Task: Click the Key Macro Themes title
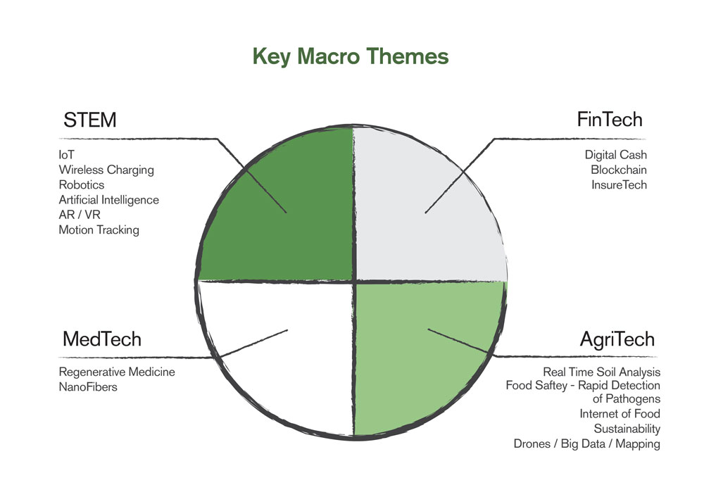pos(351,57)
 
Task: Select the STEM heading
pos(90,120)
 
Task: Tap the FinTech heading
pos(609,120)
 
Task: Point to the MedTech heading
pos(102,339)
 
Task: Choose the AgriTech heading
pos(617,340)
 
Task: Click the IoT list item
pos(66,155)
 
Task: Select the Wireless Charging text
pos(106,170)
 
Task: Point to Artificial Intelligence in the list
pos(108,200)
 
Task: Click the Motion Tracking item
pos(99,230)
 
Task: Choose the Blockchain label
pos(619,170)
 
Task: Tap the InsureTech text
pos(619,185)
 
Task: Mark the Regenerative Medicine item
pos(117,372)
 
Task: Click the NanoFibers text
pos(88,387)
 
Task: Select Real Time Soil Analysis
pos(602,372)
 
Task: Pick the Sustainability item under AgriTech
pos(627,429)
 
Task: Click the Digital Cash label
pos(615,155)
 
